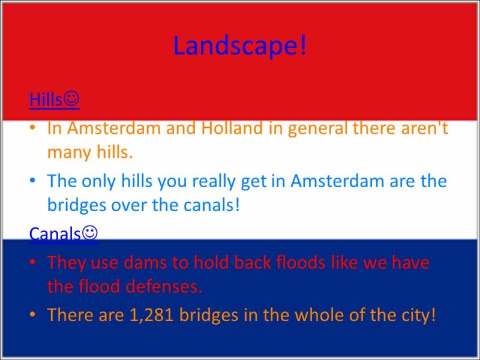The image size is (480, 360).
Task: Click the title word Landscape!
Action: [x=239, y=46]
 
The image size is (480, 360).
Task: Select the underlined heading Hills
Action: [x=46, y=99]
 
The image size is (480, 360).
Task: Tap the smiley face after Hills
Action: [x=71, y=98]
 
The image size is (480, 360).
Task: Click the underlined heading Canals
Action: [x=55, y=233]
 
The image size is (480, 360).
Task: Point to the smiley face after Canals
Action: [x=89, y=233]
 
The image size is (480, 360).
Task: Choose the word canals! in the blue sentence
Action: [x=211, y=205]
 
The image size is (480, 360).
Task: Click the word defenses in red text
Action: [x=164, y=286]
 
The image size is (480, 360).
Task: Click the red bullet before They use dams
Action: [x=32, y=262]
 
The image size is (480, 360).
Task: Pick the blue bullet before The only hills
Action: [x=32, y=181]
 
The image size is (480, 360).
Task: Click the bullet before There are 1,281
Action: [x=32, y=314]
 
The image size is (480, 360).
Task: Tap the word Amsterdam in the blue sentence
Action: [x=337, y=181]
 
